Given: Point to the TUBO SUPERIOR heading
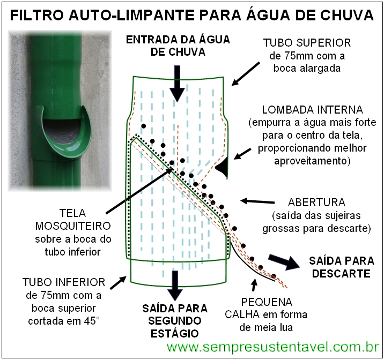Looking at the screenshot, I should pyautogui.click(x=311, y=43).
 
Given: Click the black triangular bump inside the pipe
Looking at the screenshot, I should pyautogui.click(x=222, y=169).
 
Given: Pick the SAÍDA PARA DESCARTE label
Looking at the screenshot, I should pyautogui.click(x=341, y=267).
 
